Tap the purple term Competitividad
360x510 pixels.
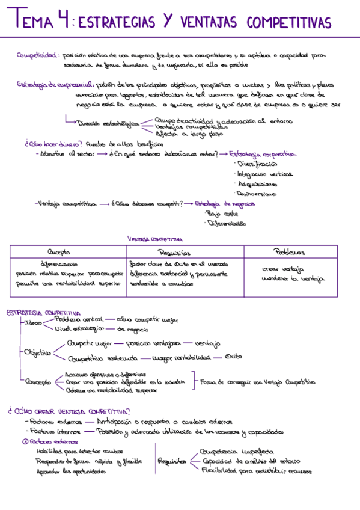(37, 55)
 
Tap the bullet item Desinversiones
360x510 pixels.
(256, 194)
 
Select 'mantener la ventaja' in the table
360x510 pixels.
(294, 278)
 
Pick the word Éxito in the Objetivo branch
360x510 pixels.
(233, 357)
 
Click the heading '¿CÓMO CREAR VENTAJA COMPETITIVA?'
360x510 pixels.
(65, 411)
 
